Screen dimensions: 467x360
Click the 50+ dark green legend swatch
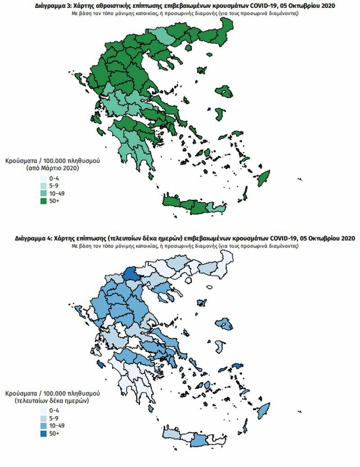coord(44,201)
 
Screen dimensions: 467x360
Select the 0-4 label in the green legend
coord(54,178)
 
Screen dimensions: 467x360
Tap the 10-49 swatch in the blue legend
coord(44,426)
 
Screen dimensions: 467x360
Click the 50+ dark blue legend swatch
coord(44,433)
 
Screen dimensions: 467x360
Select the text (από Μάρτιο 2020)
coord(52,168)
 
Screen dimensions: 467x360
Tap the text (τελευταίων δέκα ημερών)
coord(50,399)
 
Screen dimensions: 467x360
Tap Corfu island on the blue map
coord(77,310)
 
